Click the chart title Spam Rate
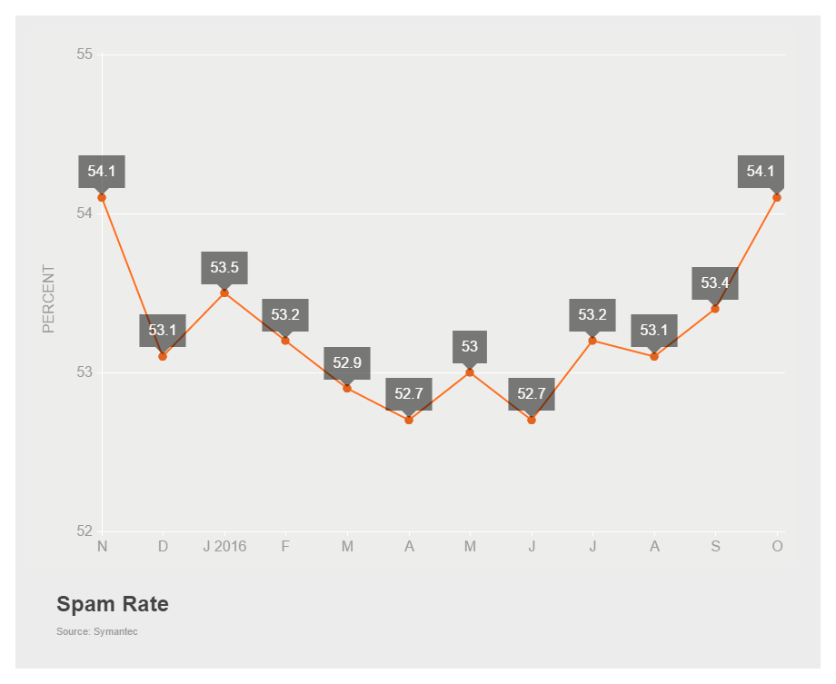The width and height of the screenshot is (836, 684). (113, 604)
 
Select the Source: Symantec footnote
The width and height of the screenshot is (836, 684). (97, 631)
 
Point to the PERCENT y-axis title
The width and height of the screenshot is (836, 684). (49, 299)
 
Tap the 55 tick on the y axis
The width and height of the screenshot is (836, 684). (85, 55)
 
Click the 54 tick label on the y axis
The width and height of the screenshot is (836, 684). (85, 213)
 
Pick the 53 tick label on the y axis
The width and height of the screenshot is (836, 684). (85, 372)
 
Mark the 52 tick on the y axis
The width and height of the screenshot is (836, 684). (85, 531)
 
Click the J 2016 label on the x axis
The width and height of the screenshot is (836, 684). (224, 546)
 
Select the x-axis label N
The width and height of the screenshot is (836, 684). (102, 546)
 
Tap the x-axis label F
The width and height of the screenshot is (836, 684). (285, 546)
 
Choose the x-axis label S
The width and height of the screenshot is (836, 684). (715, 546)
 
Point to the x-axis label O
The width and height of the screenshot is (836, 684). (777, 546)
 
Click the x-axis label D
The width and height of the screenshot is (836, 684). (163, 546)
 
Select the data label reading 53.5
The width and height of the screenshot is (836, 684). (224, 267)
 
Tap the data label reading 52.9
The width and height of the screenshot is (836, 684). (347, 362)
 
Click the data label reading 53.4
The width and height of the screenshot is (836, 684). (715, 283)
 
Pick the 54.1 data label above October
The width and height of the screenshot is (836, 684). (761, 171)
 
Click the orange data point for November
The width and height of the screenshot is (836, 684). (102, 197)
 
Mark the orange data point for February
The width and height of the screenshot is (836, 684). (285, 341)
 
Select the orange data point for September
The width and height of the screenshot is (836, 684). (715, 309)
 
